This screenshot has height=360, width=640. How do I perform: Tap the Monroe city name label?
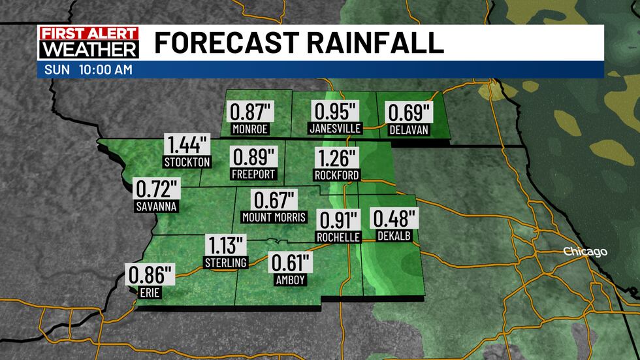tap(250, 129)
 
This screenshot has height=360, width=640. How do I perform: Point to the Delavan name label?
tap(408, 129)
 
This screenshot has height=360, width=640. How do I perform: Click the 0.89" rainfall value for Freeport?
tap(254, 157)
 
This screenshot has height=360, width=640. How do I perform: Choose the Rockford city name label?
tap(336, 175)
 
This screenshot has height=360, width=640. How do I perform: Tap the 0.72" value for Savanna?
tap(157, 190)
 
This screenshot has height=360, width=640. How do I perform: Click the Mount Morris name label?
tap(274, 217)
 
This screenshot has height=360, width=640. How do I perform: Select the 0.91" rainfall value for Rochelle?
tap(338, 220)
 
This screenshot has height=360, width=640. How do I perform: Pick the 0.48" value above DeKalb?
tap(393, 219)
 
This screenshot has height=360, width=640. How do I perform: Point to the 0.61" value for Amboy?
tap(291, 264)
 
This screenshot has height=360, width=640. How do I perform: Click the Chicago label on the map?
tap(585, 252)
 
